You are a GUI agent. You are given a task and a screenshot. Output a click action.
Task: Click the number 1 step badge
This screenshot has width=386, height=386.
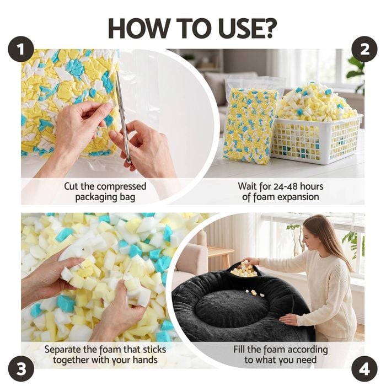[x=21, y=49]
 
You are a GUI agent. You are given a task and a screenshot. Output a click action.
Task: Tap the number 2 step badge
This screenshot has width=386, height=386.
[x=364, y=49]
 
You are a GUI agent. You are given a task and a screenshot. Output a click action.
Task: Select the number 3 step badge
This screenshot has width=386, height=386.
[x=21, y=369]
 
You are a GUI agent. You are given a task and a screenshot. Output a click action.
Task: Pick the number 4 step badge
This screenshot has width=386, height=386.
[x=364, y=369]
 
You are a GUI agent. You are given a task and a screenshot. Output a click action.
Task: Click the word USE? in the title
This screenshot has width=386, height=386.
[x=244, y=28]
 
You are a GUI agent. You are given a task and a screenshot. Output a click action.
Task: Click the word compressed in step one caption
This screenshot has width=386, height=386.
[x=121, y=187]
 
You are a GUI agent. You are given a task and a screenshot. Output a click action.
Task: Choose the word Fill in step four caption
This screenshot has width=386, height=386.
[x=239, y=349]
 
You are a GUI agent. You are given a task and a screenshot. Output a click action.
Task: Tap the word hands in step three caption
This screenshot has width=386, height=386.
[x=145, y=360]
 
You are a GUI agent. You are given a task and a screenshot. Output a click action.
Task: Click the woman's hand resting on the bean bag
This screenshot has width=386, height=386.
[x=288, y=319]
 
